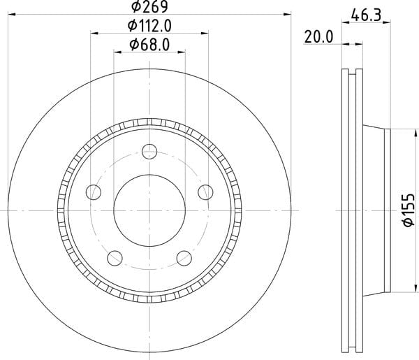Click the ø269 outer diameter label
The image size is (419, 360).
[149, 7]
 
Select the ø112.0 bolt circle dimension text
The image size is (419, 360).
[149, 26]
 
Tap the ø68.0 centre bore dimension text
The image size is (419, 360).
[149, 45]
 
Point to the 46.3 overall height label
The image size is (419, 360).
[366, 15]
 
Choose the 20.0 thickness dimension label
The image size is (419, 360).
[319, 37]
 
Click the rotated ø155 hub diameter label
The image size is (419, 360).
[409, 210]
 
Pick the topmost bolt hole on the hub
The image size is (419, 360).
[149, 152]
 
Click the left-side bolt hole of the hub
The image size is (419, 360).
[94, 192]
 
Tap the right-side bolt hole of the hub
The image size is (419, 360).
[205, 192]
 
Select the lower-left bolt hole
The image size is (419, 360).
[115, 258]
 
